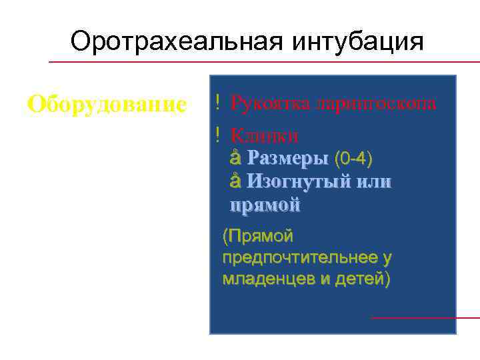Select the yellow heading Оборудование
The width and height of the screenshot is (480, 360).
(x=107, y=104)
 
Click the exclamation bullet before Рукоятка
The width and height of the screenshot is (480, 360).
(x=218, y=103)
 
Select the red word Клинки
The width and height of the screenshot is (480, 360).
(x=264, y=135)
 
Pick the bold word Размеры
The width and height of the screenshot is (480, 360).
(x=287, y=159)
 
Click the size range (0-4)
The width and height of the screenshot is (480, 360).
(x=353, y=159)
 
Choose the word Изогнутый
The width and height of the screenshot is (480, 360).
(x=297, y=182)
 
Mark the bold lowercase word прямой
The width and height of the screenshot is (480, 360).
(x=265, y=205)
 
